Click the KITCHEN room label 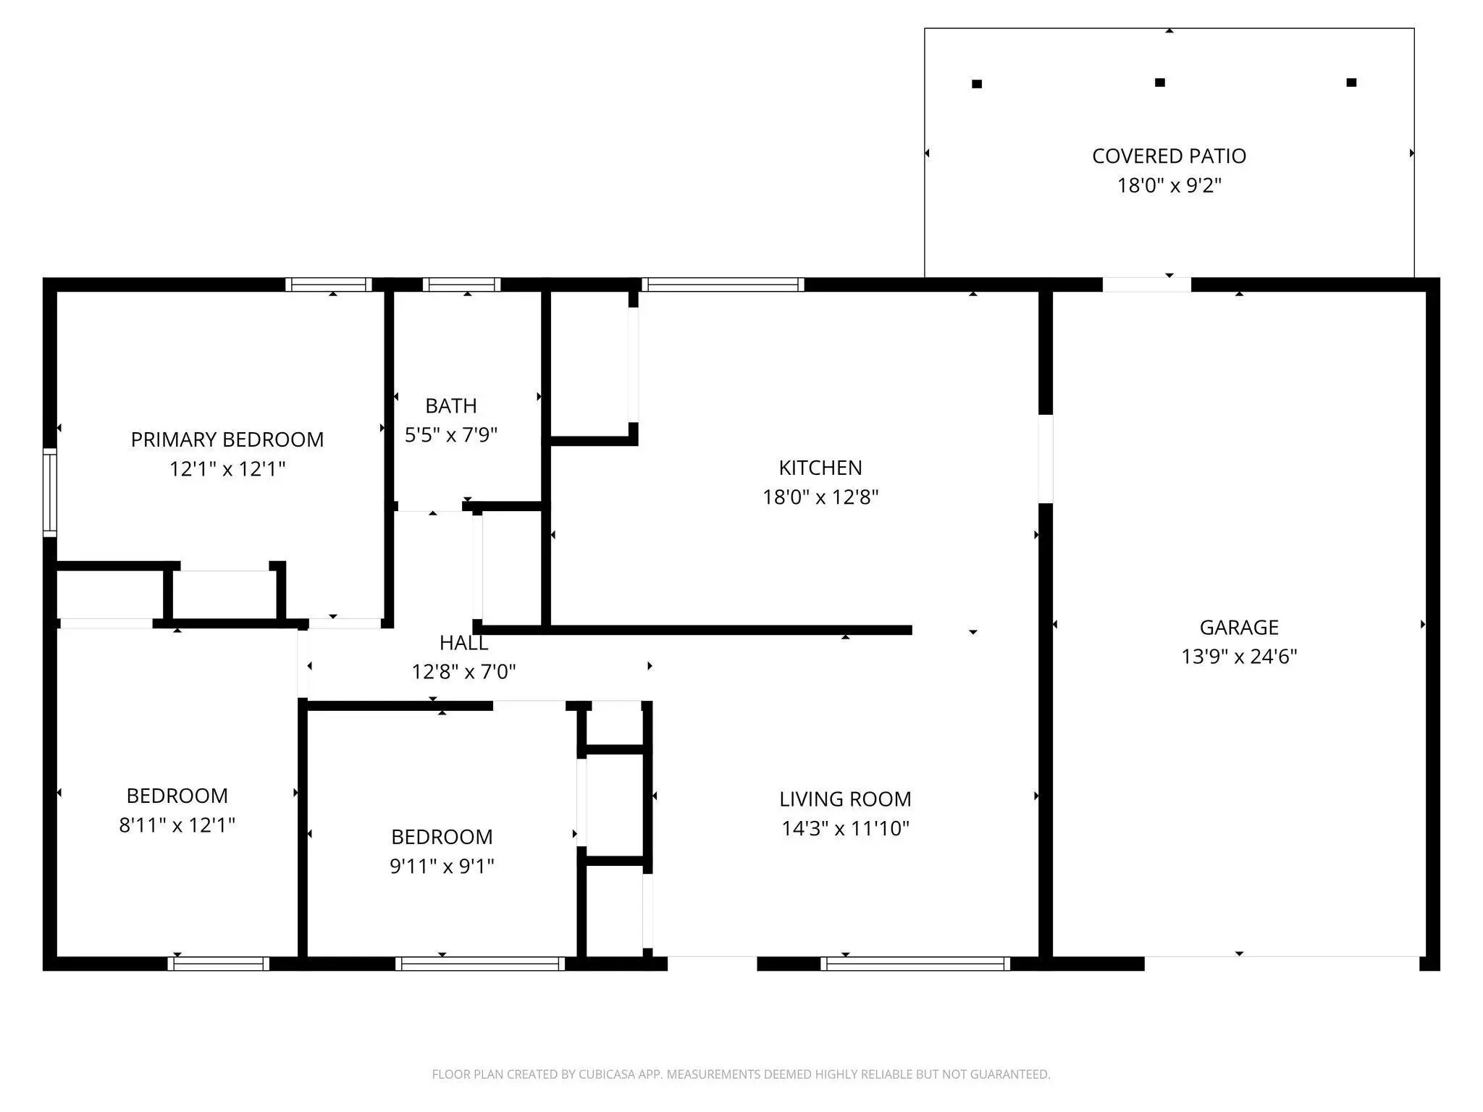pyautogui.click(x=820, y=468)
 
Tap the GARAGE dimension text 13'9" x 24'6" pyautogui.click(x=1239, y=657)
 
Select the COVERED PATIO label pyautogui.click(x=1169, y=156)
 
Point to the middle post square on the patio pyautogui.click(x=1159, y=83)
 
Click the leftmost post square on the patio pyautogui.click(x=976, y=84)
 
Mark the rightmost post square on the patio pyautogui.click(x=1351, y=83)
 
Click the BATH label pyautogui.click(x=451, y=405)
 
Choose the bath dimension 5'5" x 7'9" pyautogui.click(x=451, y=435)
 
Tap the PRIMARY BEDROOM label pyautogui.click(x=227, y=439)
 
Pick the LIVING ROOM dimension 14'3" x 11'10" pyautogui.click(x=845, y=828)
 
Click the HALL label pyautogui.click(x=463, y=643)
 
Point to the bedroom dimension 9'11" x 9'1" pyautogui.click(x=442, y=866)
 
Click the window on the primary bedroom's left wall pyautogui.click(x=50, y=492)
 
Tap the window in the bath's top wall pyautogui.click(x=461, y=285)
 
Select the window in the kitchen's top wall pyautogui.click(x=723, y=285)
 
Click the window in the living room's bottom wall pyautogui.click(x=915, y=964)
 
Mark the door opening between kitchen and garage pyautogui.click(x=1046, y=458)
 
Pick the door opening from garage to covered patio pyautogui.click(x=1147, y=285)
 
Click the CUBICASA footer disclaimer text pyautogui.click(x=741, y=1074)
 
